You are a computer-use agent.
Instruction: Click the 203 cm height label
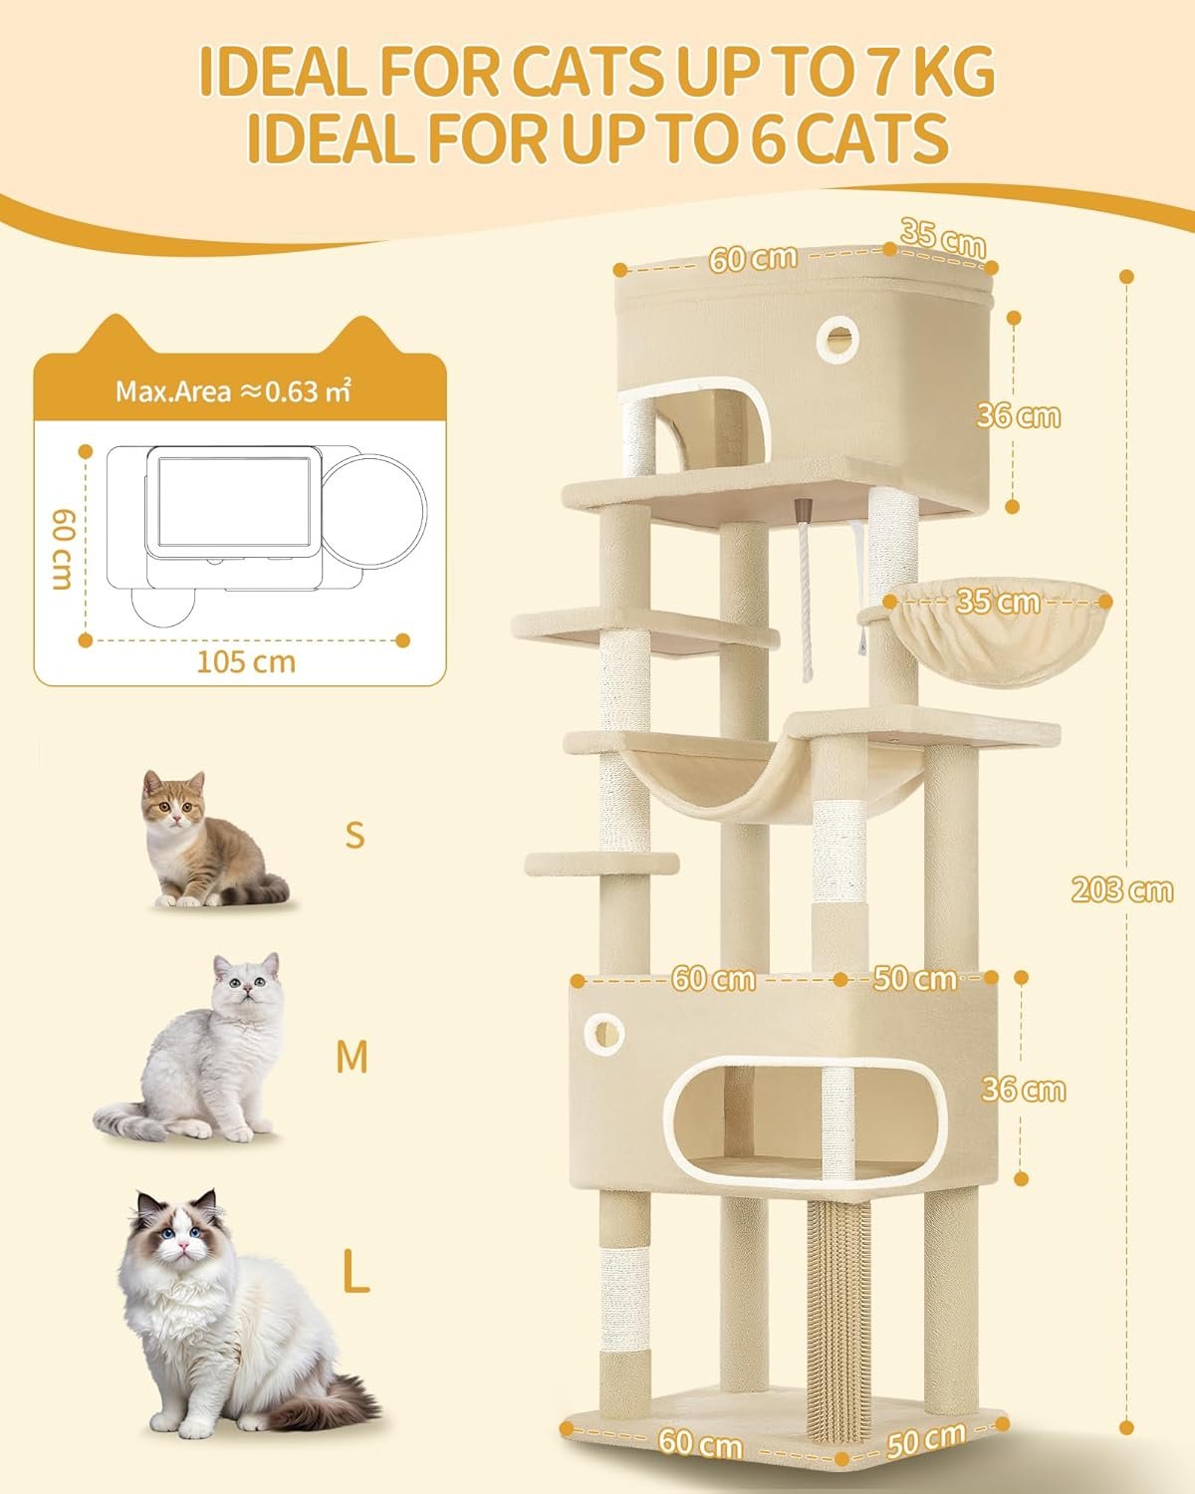pos(1121,889)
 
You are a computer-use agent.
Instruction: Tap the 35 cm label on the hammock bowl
pos(998,602)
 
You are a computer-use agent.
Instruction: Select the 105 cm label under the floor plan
pos(246,661)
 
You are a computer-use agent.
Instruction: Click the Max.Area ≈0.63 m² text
pos(233,390)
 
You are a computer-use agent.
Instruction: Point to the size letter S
pos(355,836)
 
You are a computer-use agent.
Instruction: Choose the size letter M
pos(353,1058)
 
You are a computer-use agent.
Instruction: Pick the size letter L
pos(356,1270)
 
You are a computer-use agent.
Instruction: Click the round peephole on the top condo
pos(837,339)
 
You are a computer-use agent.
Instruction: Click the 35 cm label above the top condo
pos(943,239)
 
